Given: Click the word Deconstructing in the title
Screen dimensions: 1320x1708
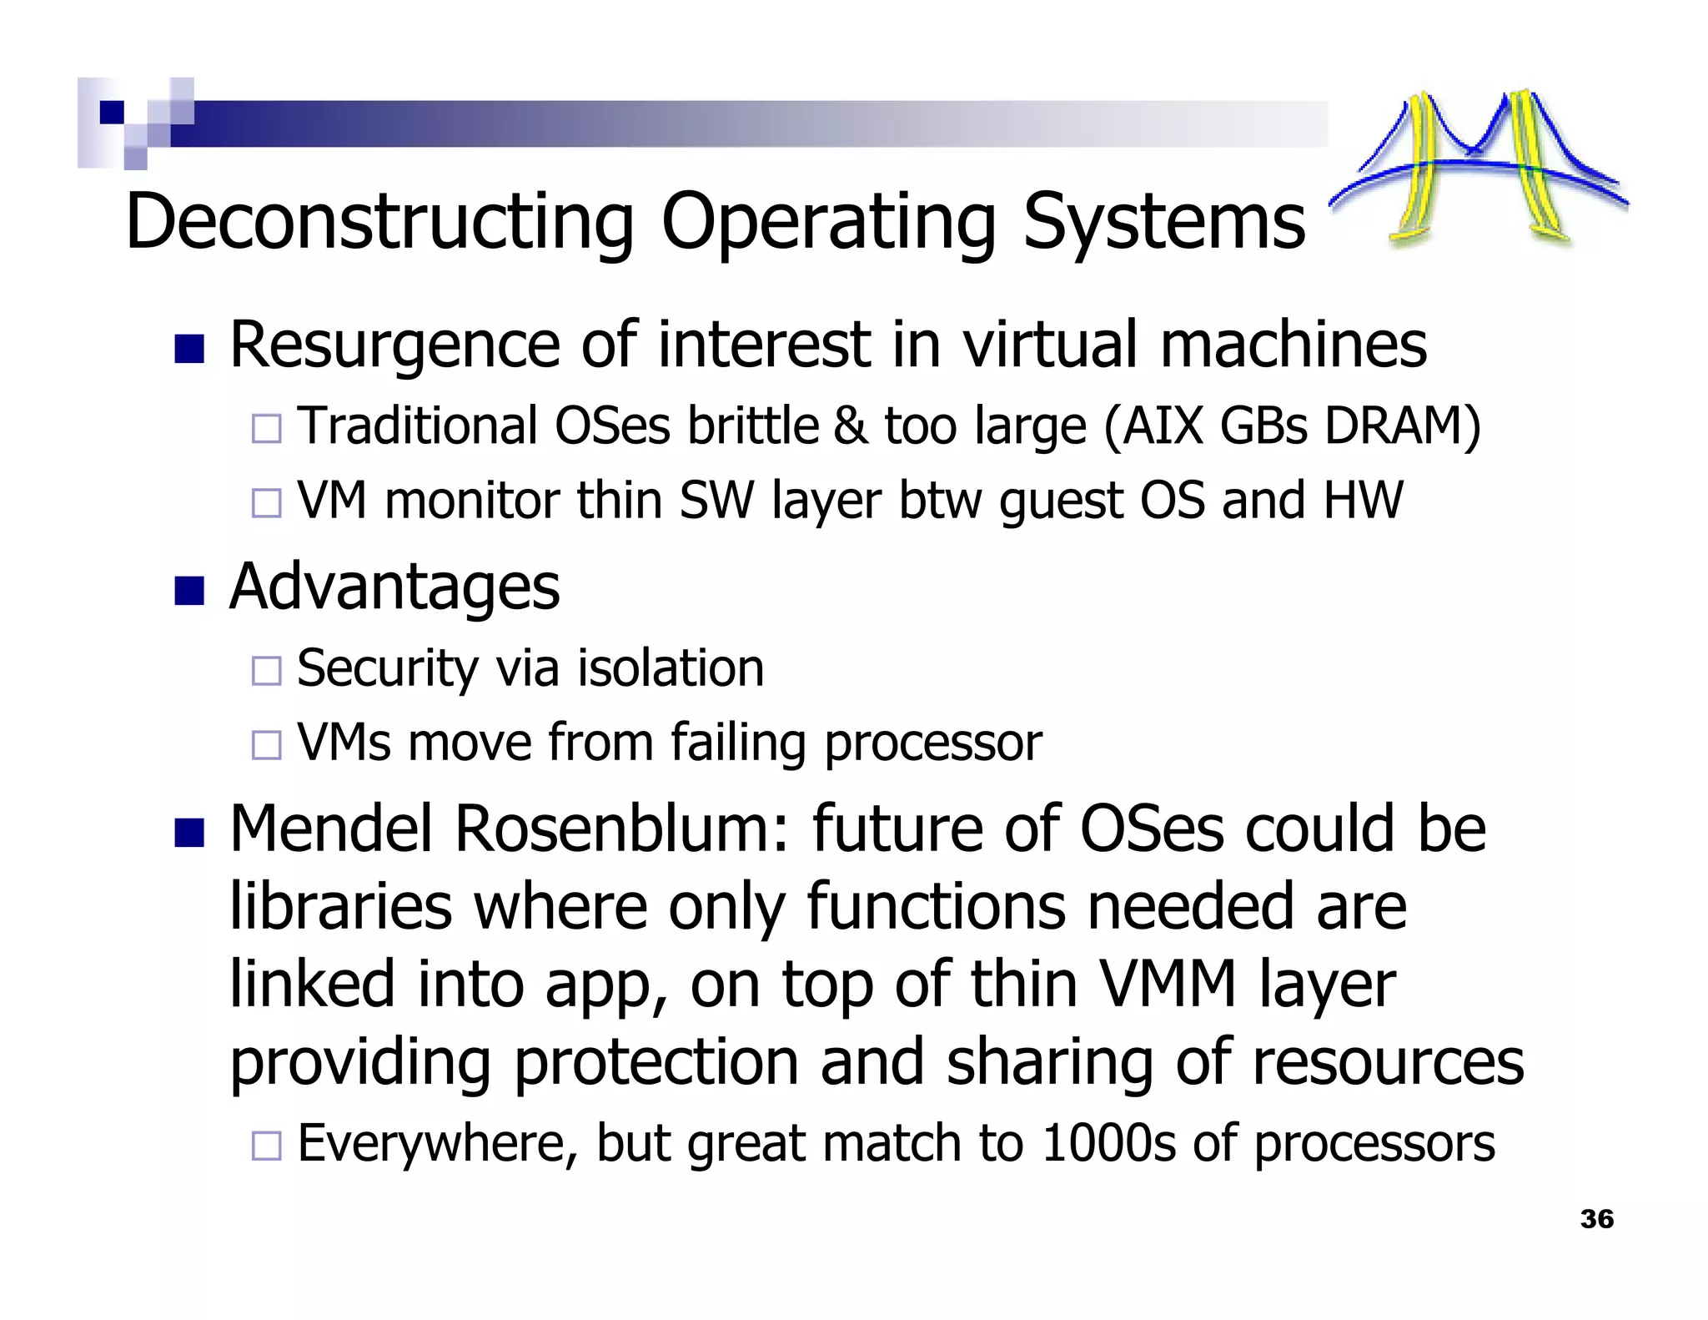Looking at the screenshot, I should tap(379, 222).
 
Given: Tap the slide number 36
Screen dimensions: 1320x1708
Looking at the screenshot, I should tap(1596, 1219).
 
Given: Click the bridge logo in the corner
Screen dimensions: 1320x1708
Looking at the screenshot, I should tap(1478, 167).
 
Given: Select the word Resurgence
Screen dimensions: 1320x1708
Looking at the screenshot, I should tap(394, 345).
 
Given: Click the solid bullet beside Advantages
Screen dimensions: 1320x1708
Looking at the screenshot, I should tap(189, 591).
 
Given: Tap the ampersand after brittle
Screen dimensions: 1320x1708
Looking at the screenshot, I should tap(850, 426).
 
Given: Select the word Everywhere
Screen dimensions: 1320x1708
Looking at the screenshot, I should tap(437, 1145).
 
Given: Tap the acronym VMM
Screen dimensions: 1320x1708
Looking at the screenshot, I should tap(1168, 985).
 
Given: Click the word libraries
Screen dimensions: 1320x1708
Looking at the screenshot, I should tap(340, 907).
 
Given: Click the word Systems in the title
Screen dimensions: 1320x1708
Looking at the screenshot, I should tap(1163, 222).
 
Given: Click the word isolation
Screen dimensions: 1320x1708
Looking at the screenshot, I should tap(671, 668).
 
